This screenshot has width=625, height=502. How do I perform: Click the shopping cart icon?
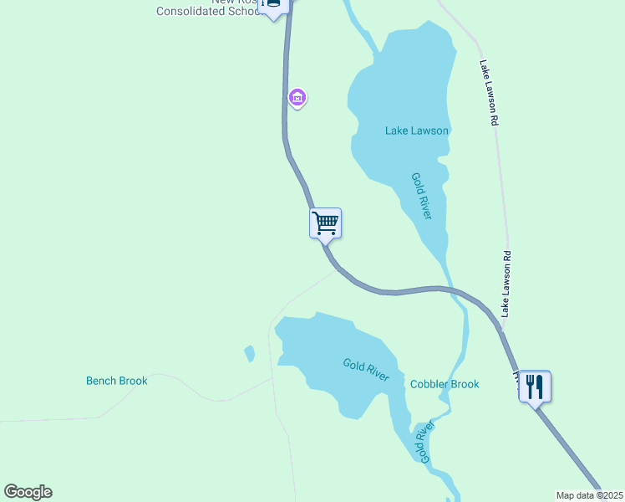tap(326, 223)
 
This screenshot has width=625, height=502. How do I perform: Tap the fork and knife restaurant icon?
tap(535, 386)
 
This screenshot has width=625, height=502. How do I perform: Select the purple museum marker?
tap(297, 98)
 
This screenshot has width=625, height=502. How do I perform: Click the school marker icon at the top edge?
tap(273, 5)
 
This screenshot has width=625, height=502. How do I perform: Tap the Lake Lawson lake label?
tap(417, 131)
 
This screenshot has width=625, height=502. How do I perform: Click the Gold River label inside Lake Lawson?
tap(421, 196)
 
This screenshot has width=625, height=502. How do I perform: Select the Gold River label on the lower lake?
tap(366, 369)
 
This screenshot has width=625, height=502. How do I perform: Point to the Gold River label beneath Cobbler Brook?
tap(424, 443)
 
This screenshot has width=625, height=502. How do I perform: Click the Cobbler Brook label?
tap(445, 384)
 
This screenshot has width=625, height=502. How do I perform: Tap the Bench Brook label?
tap(117, 381)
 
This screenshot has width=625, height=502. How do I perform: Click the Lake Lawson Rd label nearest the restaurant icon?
tap(505, 283)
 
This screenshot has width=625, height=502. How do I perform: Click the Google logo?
tap(28, 492)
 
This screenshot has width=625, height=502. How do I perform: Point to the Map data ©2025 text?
tap(589, 495)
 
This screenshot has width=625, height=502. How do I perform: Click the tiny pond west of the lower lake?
tap(249, 354)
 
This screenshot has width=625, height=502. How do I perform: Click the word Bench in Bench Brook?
tap(101, 381)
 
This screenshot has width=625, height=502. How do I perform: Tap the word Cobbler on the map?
tap(429, 384)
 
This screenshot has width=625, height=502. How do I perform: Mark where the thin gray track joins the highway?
tap(338, 269)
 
